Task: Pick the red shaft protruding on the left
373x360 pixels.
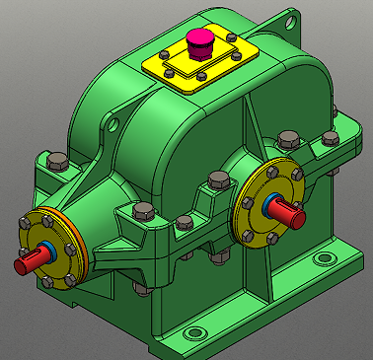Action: (x=30, y=261)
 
